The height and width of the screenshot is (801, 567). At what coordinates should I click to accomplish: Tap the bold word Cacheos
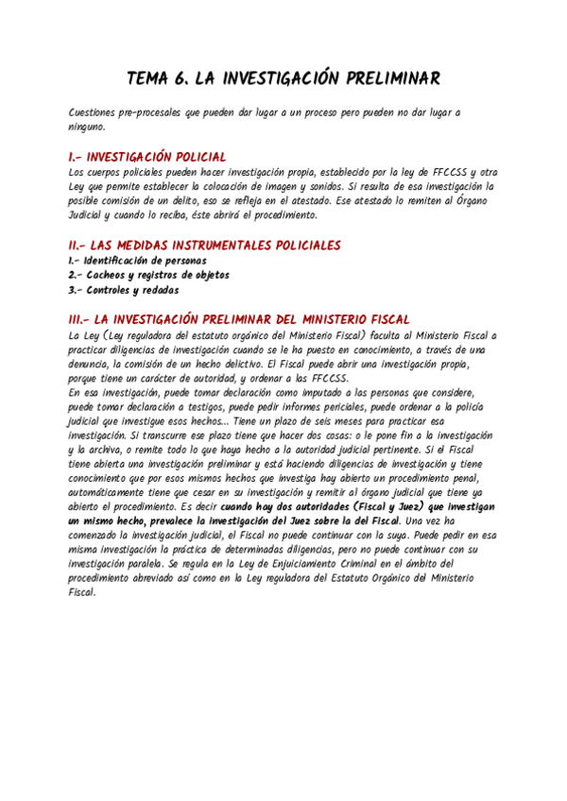click(x=107, y=275)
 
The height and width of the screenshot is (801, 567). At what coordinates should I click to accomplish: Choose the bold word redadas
click(x=158, y=290)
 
